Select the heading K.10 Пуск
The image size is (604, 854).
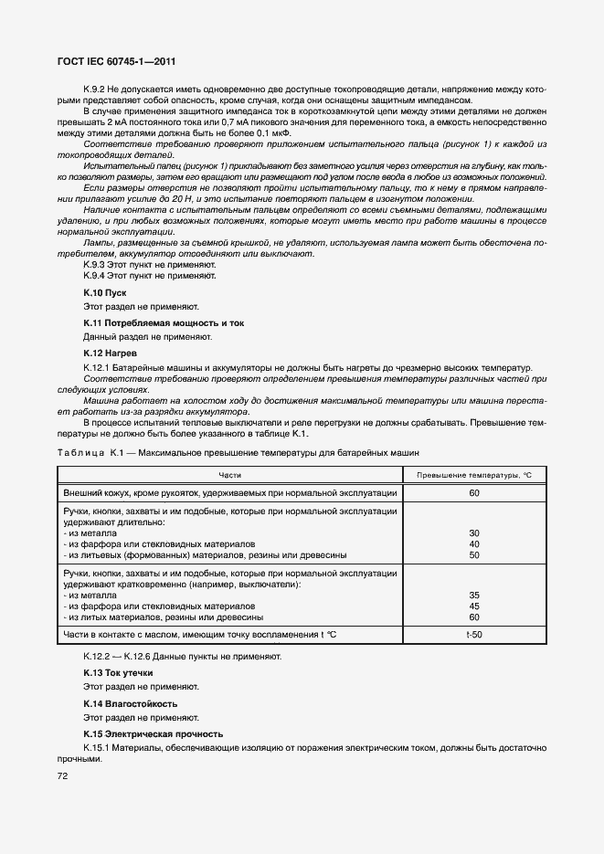click(104, 292)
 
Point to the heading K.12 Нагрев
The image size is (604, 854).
click(111, 353)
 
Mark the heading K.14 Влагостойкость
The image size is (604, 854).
click(130, 704)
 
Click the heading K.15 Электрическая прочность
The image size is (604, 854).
click(152, 734)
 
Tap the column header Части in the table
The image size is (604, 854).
click(230, 475)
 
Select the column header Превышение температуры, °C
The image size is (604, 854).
click(473, 475)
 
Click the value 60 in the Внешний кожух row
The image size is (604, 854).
click(473, 492)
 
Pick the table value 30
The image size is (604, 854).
click(473, 532)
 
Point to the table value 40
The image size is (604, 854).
click(473, 543)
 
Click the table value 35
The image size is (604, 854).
click(473, 595)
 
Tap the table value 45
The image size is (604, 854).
click(473, 606)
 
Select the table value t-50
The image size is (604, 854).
click(473, 635)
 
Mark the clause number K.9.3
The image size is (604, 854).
click(96, 263)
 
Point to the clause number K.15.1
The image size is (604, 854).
click(98, 749)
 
